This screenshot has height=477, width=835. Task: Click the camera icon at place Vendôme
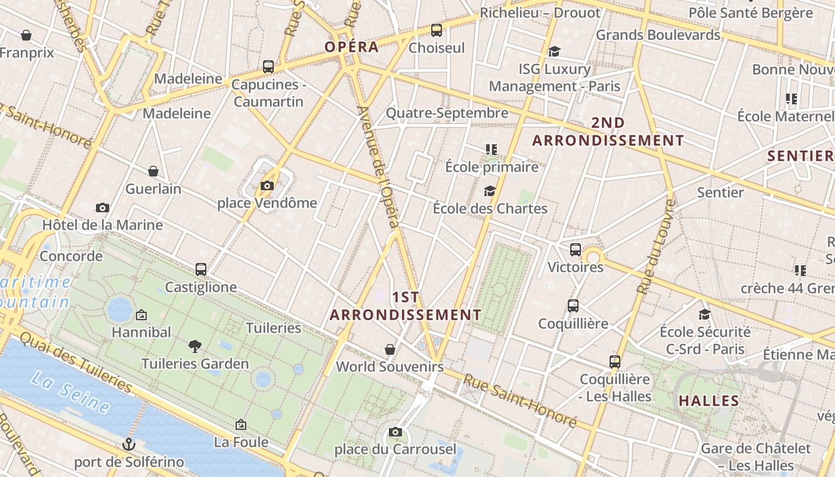point(267,186)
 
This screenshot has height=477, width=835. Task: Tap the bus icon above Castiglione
point(201,270)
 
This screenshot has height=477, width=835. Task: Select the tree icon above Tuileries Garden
point(194,346)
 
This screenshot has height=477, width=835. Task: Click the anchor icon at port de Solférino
point(129,444)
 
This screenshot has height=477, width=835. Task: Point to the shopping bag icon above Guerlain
point(153,171)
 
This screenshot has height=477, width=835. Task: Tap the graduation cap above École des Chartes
point(490,191)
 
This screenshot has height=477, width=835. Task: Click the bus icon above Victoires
point(576,250)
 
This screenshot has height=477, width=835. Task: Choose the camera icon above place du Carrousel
point(395,432)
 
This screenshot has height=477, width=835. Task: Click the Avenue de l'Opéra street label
point(378,167)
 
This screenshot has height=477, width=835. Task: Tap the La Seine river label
point(70,393)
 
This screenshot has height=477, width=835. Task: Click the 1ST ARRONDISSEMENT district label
point(406,306)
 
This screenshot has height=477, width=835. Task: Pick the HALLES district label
point(709,401)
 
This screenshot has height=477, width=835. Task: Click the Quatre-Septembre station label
point(447,113)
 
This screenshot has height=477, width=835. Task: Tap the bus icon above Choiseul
point(437,30)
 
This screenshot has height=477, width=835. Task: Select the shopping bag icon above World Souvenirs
point(390,349)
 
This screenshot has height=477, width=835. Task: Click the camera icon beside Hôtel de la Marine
point(103,208)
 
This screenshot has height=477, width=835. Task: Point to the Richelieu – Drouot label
point(540,13)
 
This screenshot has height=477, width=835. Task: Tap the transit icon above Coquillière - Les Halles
point(615,361)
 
